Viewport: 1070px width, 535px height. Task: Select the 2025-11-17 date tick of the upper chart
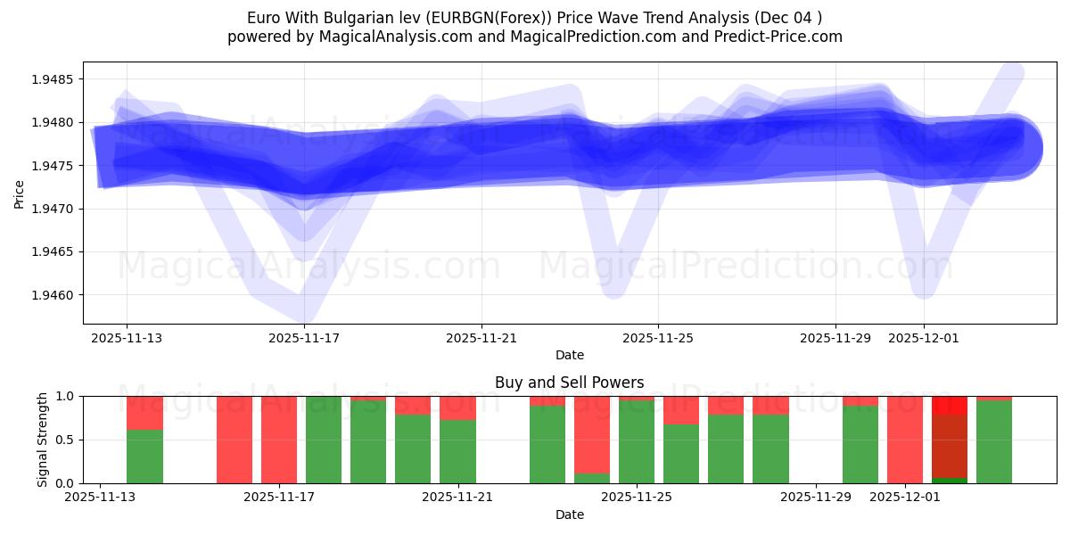click(x=305, y=338)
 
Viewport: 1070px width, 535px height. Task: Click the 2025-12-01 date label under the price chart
click(x=924, y=338)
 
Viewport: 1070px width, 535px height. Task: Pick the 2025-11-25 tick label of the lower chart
click(x=637, y=497)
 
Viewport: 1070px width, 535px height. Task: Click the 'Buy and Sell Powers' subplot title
click(x=569, y=383)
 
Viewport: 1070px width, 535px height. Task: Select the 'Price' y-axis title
click(x=20, y=193)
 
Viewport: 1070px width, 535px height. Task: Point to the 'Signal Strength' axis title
click(x=43, y=440)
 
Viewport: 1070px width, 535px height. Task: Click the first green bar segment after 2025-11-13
click(x=144, y=457)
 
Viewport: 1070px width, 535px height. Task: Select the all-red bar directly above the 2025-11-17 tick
click(x=279, y=440)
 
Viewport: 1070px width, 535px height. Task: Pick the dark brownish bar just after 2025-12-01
click(x=950, y=446)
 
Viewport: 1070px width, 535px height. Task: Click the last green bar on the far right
click(x=994, y=442)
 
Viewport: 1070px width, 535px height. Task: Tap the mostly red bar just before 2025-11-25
click(x=592, y=434)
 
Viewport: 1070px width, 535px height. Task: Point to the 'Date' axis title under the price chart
click(x=569, y=355)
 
